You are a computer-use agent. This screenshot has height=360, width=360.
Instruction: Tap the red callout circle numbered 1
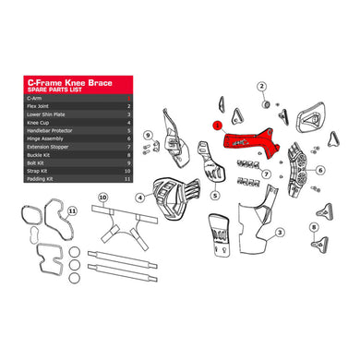215,122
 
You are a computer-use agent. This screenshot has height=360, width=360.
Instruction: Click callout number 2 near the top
261,86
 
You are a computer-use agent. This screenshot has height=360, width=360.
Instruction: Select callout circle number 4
139,198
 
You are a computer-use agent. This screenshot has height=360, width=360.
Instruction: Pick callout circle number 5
213,197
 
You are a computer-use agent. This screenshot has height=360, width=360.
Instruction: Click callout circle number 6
319,170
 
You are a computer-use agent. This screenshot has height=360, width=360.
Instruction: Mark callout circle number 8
316,227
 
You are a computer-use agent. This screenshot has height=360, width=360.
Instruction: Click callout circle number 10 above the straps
102,198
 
